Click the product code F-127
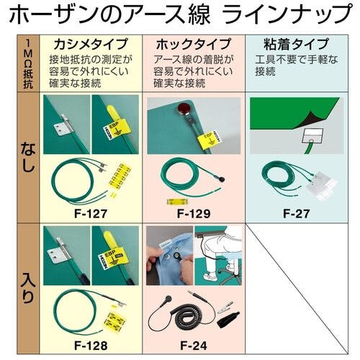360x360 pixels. [x=90, y=213]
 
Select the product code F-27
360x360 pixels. [x=295, y=213]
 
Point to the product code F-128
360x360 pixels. [x=90, y=345]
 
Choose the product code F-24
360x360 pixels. [x=193, y=345]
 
